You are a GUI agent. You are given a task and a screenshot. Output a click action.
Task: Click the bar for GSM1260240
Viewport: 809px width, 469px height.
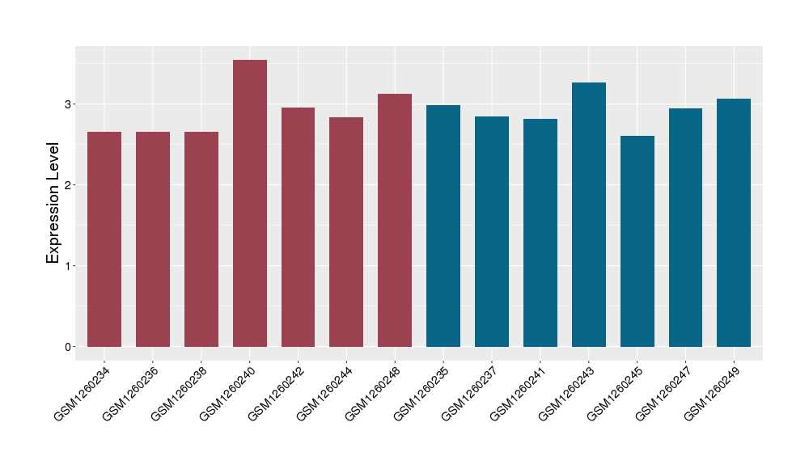pos(250,203)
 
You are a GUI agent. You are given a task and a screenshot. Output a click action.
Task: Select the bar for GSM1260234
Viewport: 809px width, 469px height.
pos(104,239)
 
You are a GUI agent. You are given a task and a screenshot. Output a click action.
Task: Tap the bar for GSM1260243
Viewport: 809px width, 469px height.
pos(589,214)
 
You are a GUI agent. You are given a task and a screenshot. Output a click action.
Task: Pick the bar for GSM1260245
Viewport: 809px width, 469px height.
pos(637,241)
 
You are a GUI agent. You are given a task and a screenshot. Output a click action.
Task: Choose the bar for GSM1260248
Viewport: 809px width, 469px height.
pos(395,220)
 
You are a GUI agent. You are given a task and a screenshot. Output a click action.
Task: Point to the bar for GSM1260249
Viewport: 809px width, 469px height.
pos(734,222)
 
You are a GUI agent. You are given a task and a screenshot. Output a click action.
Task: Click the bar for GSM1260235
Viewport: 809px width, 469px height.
pos(443,226)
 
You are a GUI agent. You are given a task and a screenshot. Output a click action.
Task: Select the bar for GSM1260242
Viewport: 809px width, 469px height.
pos(299,227)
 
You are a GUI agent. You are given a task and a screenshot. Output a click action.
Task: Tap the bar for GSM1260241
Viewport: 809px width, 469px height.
pos(540,233)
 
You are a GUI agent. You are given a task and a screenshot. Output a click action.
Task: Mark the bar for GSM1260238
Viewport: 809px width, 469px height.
pos(201,239)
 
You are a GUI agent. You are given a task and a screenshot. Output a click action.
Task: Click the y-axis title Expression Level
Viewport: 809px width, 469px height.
pos(53,203)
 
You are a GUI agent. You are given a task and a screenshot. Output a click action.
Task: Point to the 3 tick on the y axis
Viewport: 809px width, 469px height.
pos(69,104)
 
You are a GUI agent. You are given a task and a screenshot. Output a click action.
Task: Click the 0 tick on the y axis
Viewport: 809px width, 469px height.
pos(69,347)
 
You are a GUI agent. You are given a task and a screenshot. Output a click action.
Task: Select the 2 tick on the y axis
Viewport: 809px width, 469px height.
pos(69,185)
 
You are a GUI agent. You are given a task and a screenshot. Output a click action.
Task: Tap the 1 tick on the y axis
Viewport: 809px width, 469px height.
pos(69,266)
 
